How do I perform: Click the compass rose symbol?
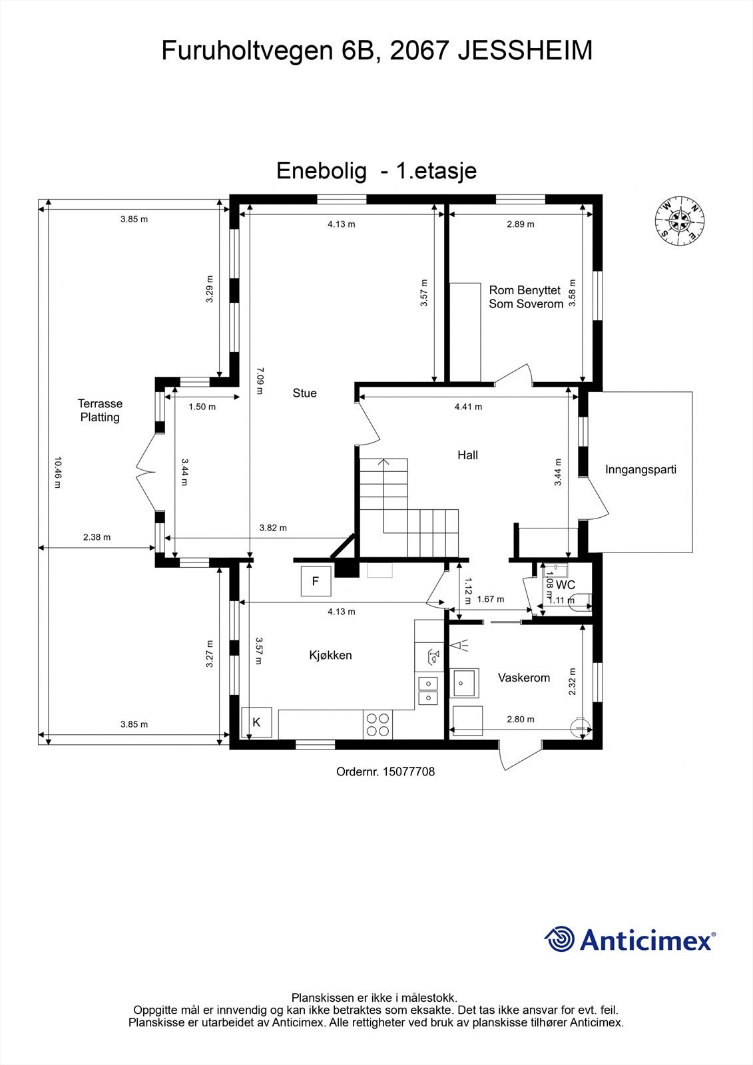(679, 219)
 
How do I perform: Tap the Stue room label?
(304, 393)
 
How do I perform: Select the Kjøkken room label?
(330, 656)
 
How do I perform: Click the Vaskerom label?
(524, 678)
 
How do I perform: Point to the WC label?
(565, 585)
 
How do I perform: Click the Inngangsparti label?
(640, 470)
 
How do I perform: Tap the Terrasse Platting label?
(100, 411)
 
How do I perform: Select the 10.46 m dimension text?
(57, 472)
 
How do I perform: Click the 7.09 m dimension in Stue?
(260, 380)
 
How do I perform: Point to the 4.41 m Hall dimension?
(468, 407)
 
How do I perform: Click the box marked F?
(316, 582)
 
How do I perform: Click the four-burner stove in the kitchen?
(377, 724)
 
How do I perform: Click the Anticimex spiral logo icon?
(559, 939)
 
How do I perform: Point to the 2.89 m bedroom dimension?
(520, 224)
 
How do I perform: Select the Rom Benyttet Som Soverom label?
(525, 297)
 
